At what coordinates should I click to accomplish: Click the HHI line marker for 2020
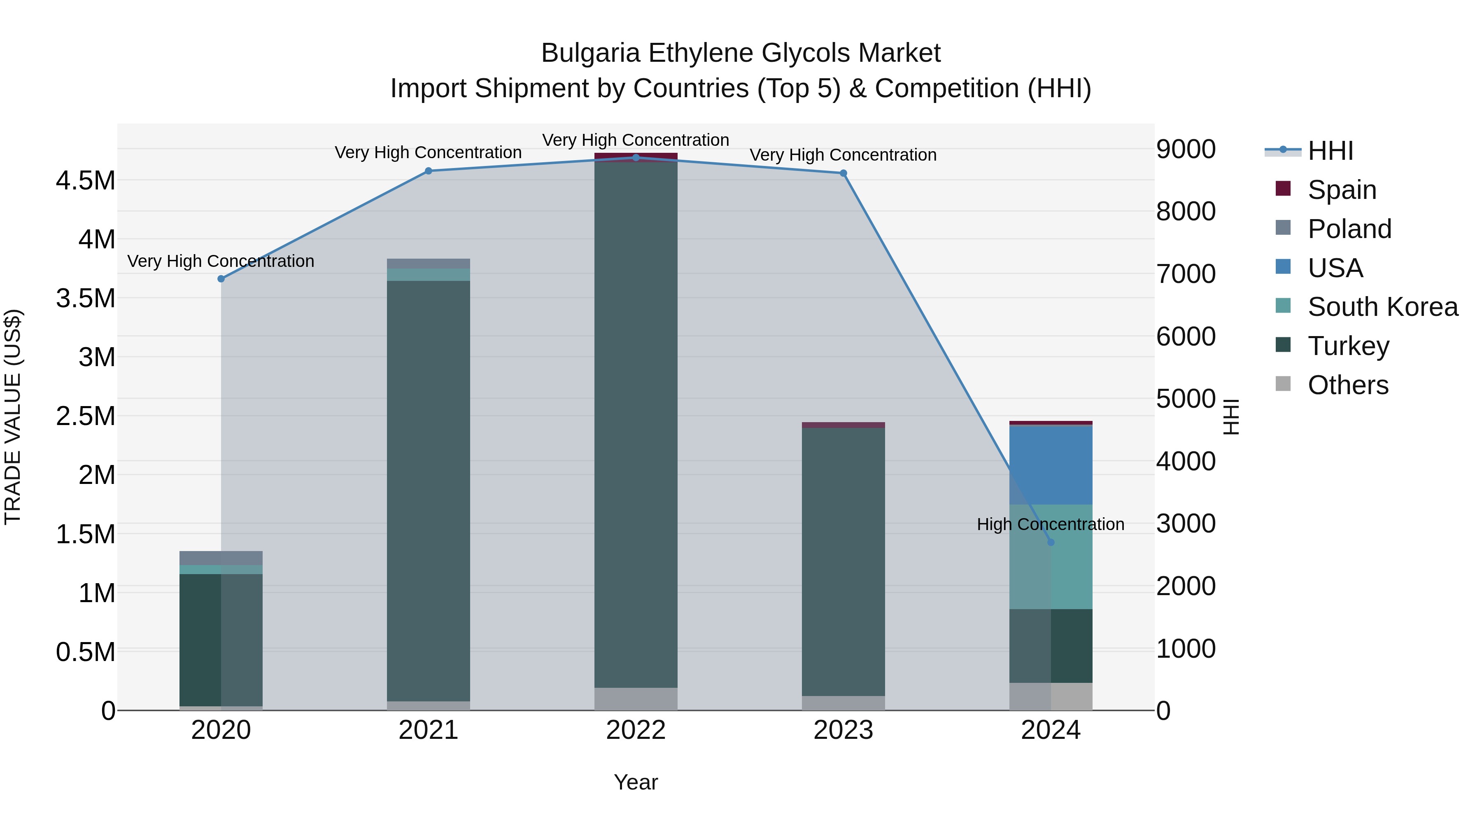221,278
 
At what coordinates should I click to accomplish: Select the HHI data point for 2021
428,171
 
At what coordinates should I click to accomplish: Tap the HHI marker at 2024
1051,542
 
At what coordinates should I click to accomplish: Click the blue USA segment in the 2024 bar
1051,465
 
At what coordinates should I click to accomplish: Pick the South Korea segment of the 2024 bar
1051,556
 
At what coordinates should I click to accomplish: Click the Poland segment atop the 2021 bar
428,264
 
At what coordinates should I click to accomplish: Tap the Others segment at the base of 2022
636,699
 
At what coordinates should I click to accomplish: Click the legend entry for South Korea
1382,307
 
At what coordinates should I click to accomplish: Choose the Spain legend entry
1342,190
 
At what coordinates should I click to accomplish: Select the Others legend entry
1347,385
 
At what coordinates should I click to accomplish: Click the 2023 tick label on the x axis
843,730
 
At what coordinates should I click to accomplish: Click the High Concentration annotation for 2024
1051,524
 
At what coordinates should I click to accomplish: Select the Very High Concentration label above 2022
636,140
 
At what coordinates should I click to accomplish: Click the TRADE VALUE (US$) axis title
13,417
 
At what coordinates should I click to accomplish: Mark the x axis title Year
636,782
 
